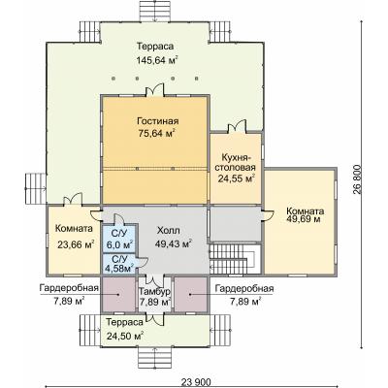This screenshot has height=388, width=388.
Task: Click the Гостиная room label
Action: point(157,121)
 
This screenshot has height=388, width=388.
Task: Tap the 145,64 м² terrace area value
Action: point(157,60)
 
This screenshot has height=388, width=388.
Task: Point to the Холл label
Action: point(168,231)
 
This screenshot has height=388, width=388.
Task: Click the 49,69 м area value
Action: point(305,220)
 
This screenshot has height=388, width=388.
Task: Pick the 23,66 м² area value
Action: point(76,244)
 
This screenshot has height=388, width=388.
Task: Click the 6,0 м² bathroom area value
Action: point(120,244)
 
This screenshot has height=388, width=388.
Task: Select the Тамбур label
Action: point(154,292)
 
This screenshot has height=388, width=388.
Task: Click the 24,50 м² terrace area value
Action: point(125,336)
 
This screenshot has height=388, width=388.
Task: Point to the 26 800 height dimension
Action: point(357,180)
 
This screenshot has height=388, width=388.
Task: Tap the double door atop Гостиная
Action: point(155,90)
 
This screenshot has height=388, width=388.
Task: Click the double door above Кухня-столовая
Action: point(237,127)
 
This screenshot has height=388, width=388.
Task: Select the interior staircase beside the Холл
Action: point(235,259)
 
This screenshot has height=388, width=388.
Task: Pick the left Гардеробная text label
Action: point(69,288)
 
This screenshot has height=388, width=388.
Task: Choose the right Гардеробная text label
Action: point(244,288)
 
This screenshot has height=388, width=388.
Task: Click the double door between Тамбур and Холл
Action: point(155,279)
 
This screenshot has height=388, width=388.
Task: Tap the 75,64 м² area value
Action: point(157,134)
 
